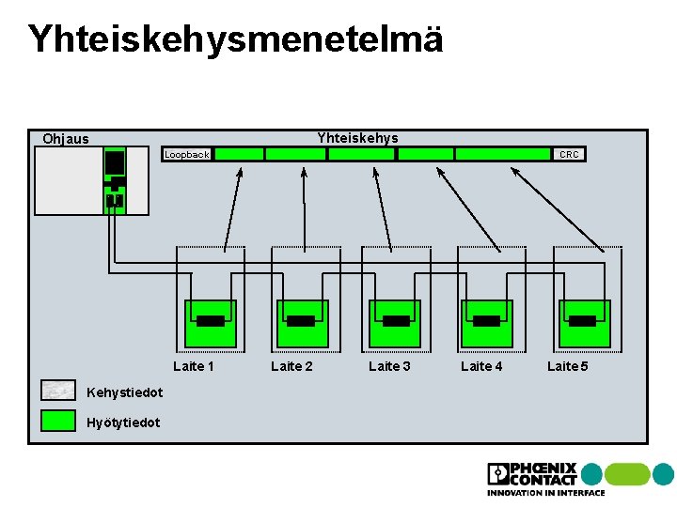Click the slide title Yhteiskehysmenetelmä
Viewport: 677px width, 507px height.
click(x=235, y=39)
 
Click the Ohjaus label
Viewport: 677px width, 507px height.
click(x=66, y=139)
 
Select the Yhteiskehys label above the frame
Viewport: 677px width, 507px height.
click(x=357, y=138)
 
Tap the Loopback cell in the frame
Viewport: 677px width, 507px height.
click(x=186, y=154)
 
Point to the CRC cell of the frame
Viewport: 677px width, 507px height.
click(x=569, y=154)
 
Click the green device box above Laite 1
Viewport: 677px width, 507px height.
click(x=210, y=323)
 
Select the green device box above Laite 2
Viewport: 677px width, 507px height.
click(x=301, y=323)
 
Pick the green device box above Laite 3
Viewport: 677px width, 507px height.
click(x=395, y=323)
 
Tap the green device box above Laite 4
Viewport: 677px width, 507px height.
click(x=486, y=323)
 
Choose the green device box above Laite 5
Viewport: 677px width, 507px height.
click(x=584, y=323)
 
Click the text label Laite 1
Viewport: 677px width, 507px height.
click(x=194, y=366)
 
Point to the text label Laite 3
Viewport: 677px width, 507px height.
click(x=389, y=366)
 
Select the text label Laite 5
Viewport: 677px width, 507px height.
click(x=568, y=366)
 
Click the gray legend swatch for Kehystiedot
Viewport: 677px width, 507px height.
click(x=58, y=391)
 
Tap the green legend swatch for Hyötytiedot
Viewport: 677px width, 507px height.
click(x=58, y=421)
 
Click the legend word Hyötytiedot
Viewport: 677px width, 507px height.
click(x=122, y=422)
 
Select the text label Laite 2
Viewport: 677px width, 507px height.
click(x=291, y=366)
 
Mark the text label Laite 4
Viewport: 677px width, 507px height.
click(x=481, y=366)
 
